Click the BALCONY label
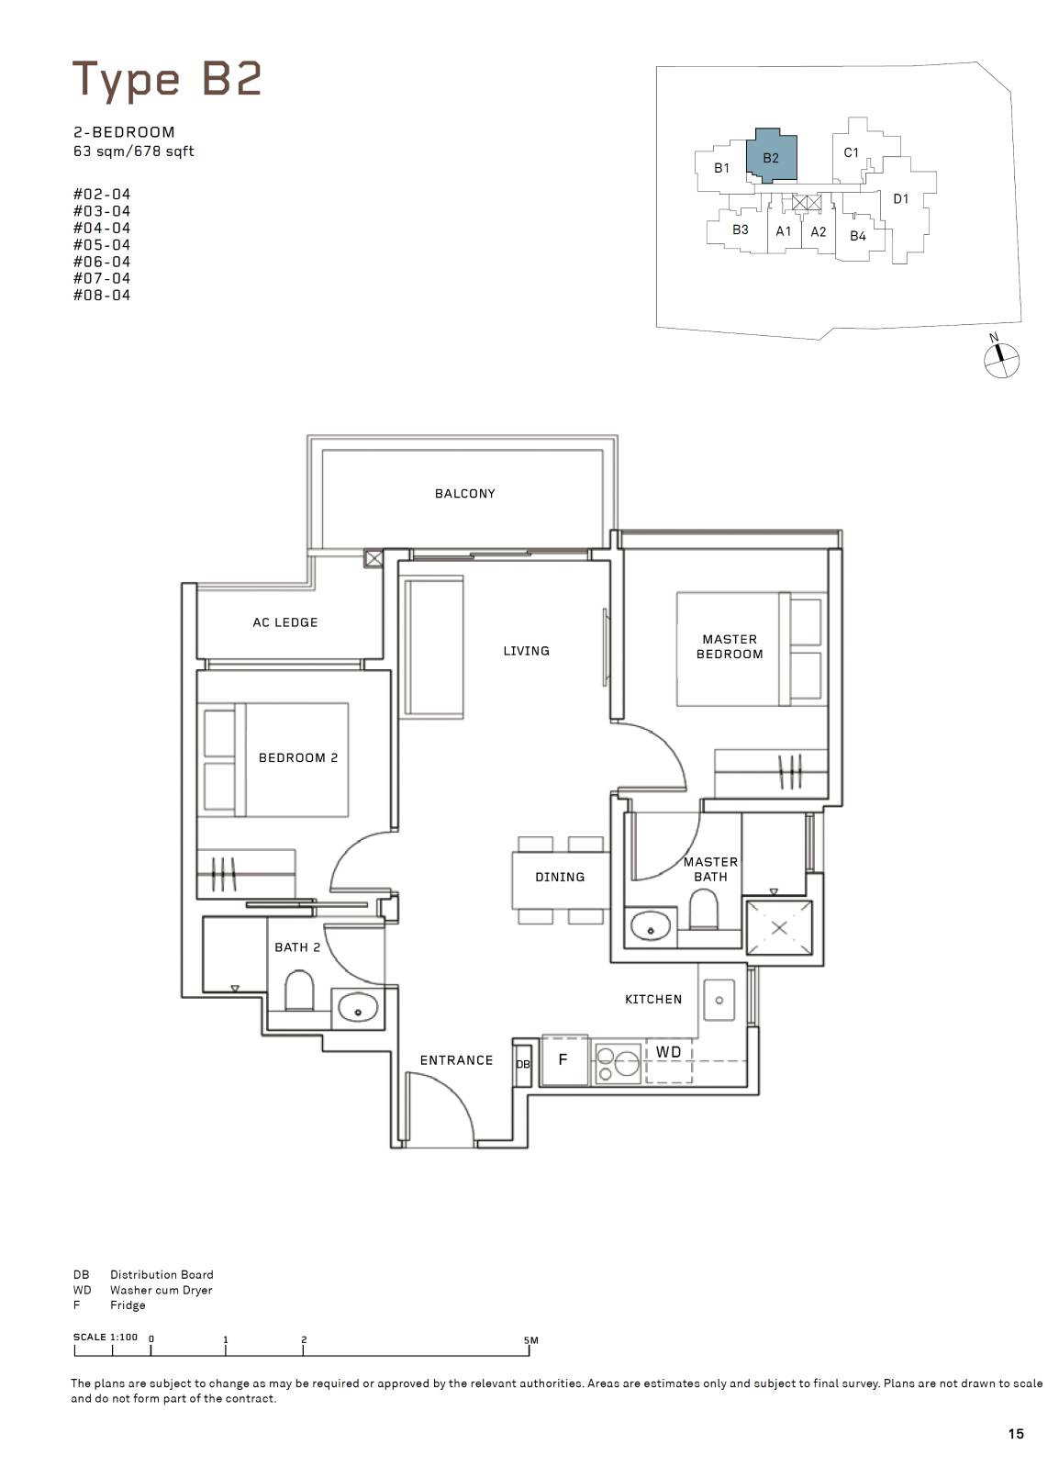[464, 494]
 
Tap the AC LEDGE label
[284, 622]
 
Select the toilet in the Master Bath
[704, 909]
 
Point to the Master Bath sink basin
[651, 928]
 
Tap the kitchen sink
[719, 1000]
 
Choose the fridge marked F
[563, 1059]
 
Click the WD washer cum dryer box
[669, 1059]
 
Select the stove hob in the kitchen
[617, 1062]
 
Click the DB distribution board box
[522, 1064]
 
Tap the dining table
[560, 879]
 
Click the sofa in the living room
[433, 646]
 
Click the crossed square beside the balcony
[373, 559]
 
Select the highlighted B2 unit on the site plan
[771, 156]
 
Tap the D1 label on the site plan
[901, 198]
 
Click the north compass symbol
[1001, 360]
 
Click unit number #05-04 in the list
[102, 245]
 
